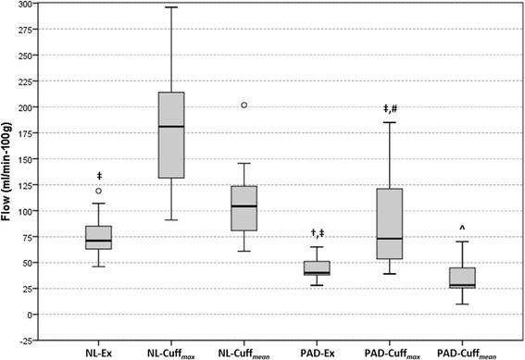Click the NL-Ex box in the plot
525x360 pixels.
(x=98, y=237)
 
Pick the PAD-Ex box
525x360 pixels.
(x=318, y=267)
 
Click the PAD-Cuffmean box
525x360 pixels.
(x=462, y=278)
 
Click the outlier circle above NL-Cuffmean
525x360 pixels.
(x=244, y=105)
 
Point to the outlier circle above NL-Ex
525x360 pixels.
(x=98, y=191)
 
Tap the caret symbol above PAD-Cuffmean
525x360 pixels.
(x=462, y=229)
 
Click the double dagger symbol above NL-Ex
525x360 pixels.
(x=98, y=176)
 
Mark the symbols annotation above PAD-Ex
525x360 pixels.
(x=318, y=233)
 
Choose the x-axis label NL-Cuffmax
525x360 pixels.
(x=171, y=352)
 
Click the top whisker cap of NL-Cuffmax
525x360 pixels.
(x=171, y=7)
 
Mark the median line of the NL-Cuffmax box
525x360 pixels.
(x=171, y=126)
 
